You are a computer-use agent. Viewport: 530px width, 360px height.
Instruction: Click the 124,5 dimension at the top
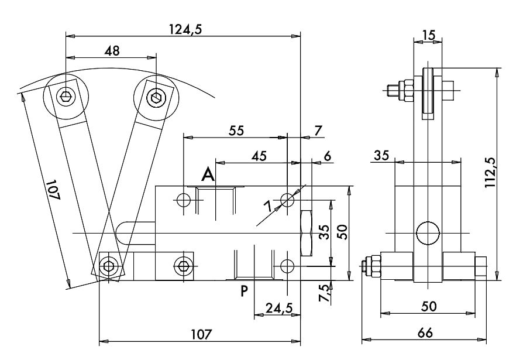pos(185,29)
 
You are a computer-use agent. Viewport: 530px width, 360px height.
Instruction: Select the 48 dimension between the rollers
pos(112,51)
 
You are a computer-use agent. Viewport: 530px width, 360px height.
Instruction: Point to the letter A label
pos(208,175)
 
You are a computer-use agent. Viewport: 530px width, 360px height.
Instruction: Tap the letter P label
pos(244,291)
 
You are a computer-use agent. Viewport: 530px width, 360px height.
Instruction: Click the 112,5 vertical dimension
pos(490,173)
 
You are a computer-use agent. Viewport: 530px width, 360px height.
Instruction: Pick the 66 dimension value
pos(425,333)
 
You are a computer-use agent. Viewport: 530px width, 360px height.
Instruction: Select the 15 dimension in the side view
pos(428,35)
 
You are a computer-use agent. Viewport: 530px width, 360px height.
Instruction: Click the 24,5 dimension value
pos(278,308)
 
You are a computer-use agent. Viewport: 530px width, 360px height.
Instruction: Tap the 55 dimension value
pos(236,131)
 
